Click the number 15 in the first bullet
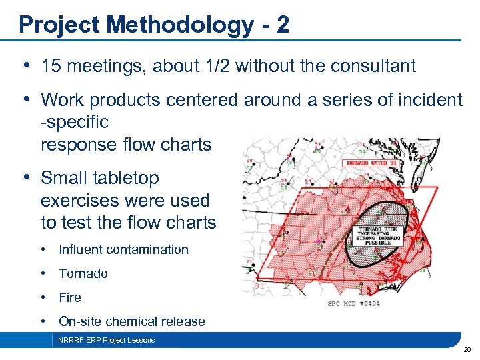(x=51, y=66)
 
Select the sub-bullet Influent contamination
(x=123, y=249)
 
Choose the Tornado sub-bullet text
(x=83, y=273)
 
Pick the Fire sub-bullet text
(x=69, y=297)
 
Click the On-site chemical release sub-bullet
(x=131, y=321)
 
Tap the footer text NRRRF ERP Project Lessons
(x=106, y=340)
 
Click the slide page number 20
(x=467, y=349)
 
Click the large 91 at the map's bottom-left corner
(x=259, y=286)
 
